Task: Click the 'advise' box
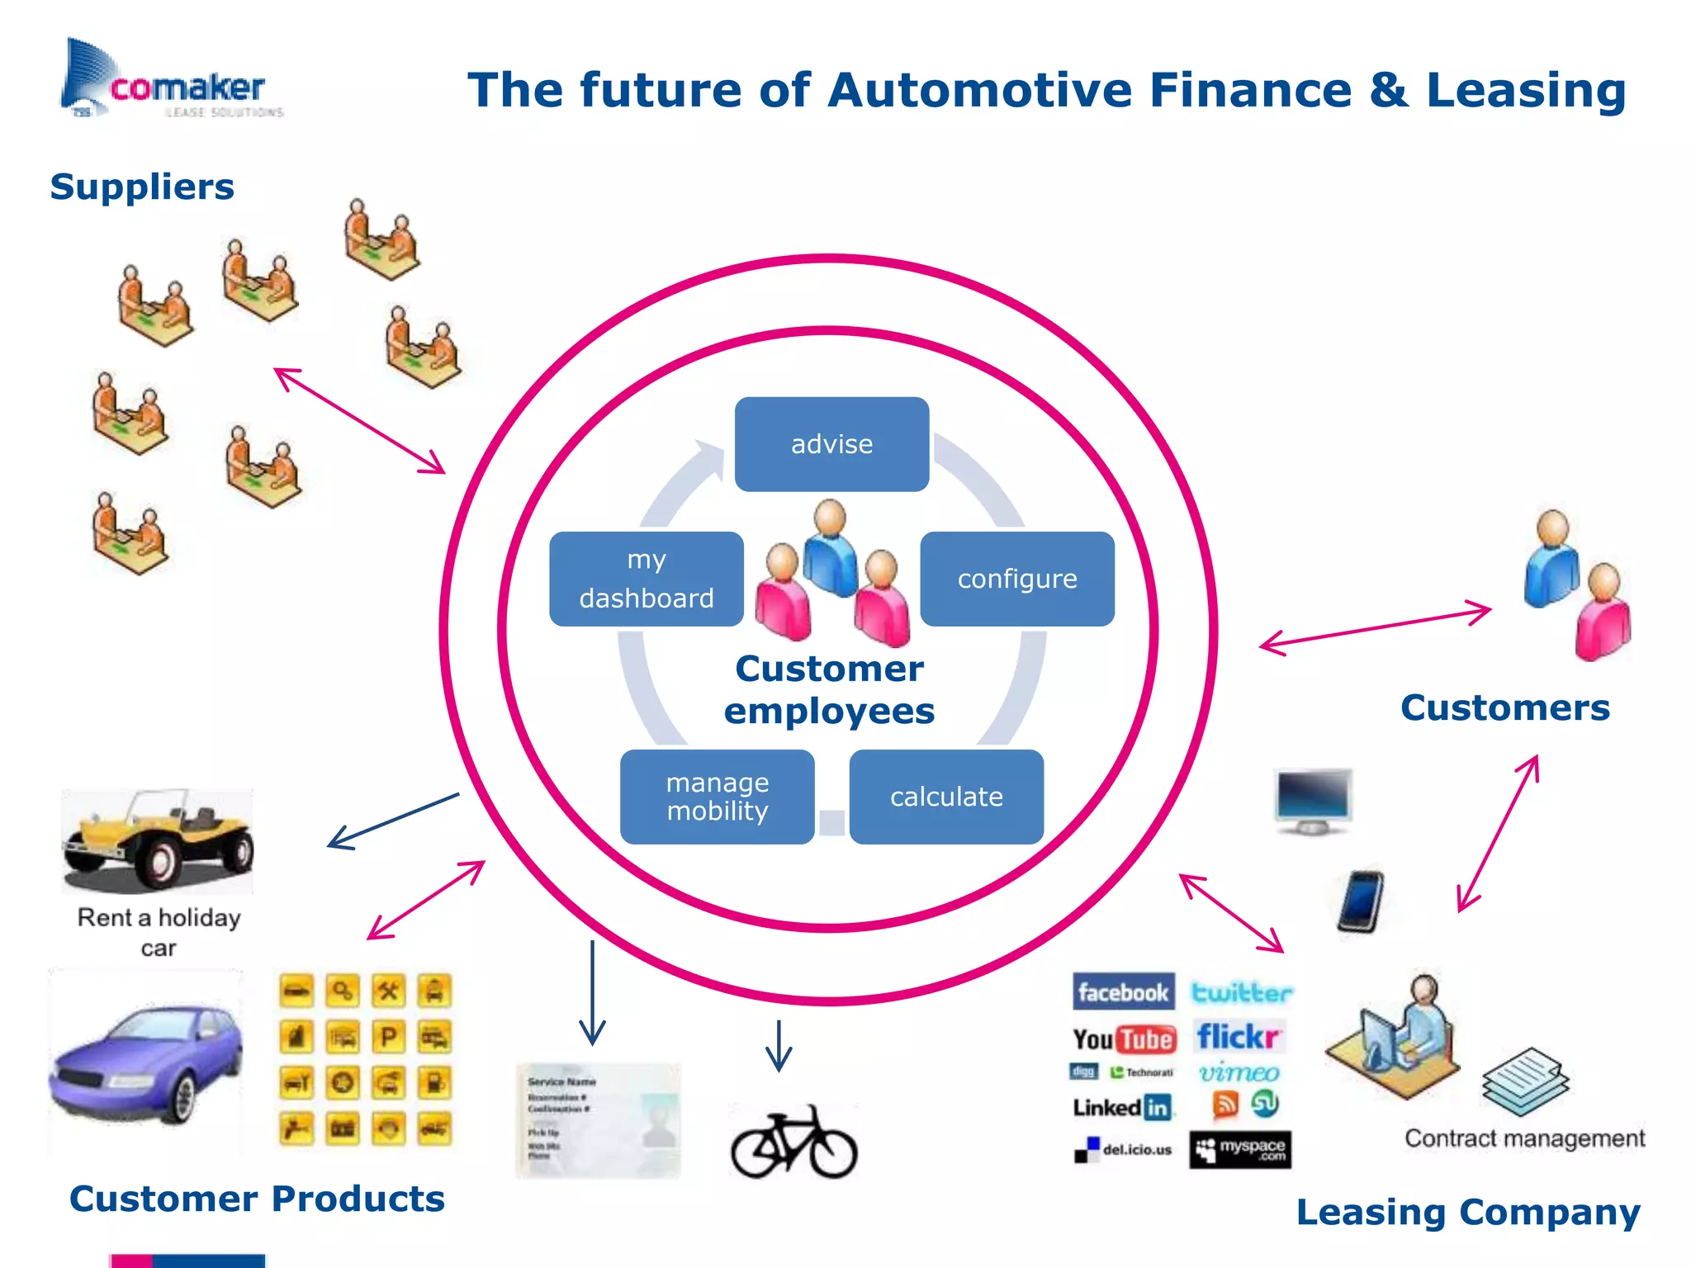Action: (831, 444)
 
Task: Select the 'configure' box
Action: (1017, 579)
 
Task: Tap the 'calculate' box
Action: (946, 797)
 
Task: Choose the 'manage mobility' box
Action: (717, 797)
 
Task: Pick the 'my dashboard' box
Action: (646, 579)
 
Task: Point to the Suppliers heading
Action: (142, 187)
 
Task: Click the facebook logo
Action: (1123, 991)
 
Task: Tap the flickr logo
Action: (1239, 1037)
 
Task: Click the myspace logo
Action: (1240, 1149)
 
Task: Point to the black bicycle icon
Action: (794, 1143)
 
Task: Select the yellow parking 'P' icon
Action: (388, 1037)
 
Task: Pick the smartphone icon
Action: (1360, 901)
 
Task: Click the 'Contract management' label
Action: (1524, 1138)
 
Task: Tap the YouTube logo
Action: (1123, 1039)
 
